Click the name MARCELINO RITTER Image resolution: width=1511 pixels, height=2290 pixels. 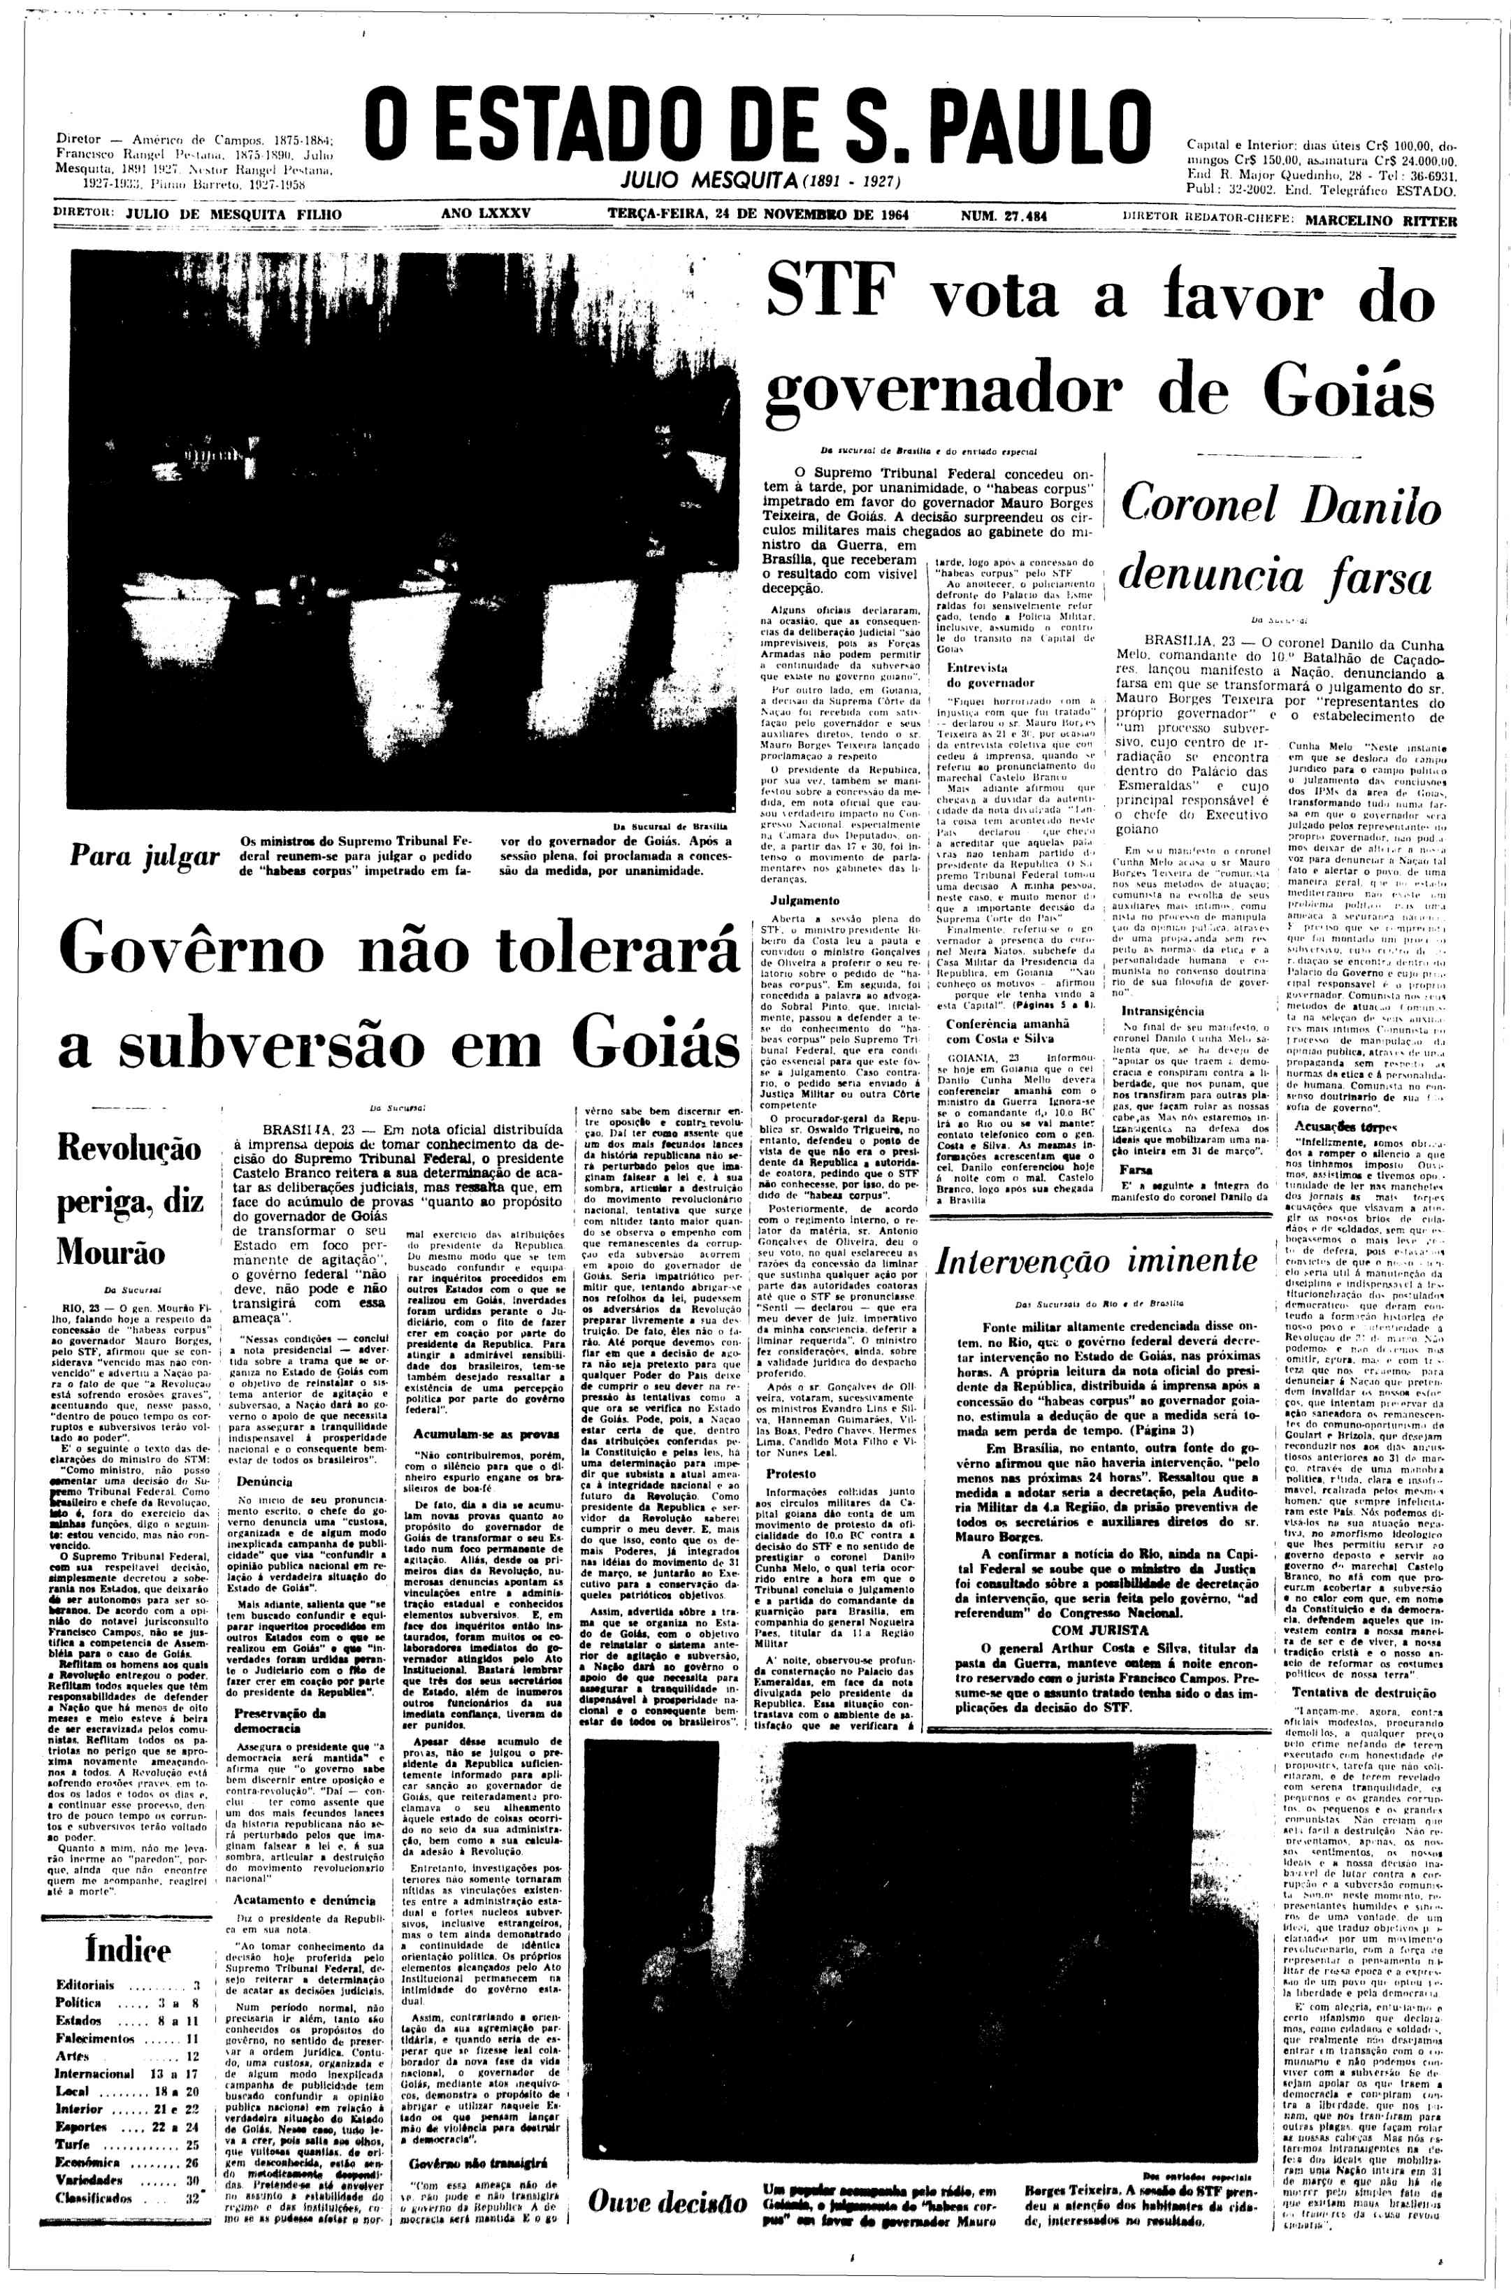1380,219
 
